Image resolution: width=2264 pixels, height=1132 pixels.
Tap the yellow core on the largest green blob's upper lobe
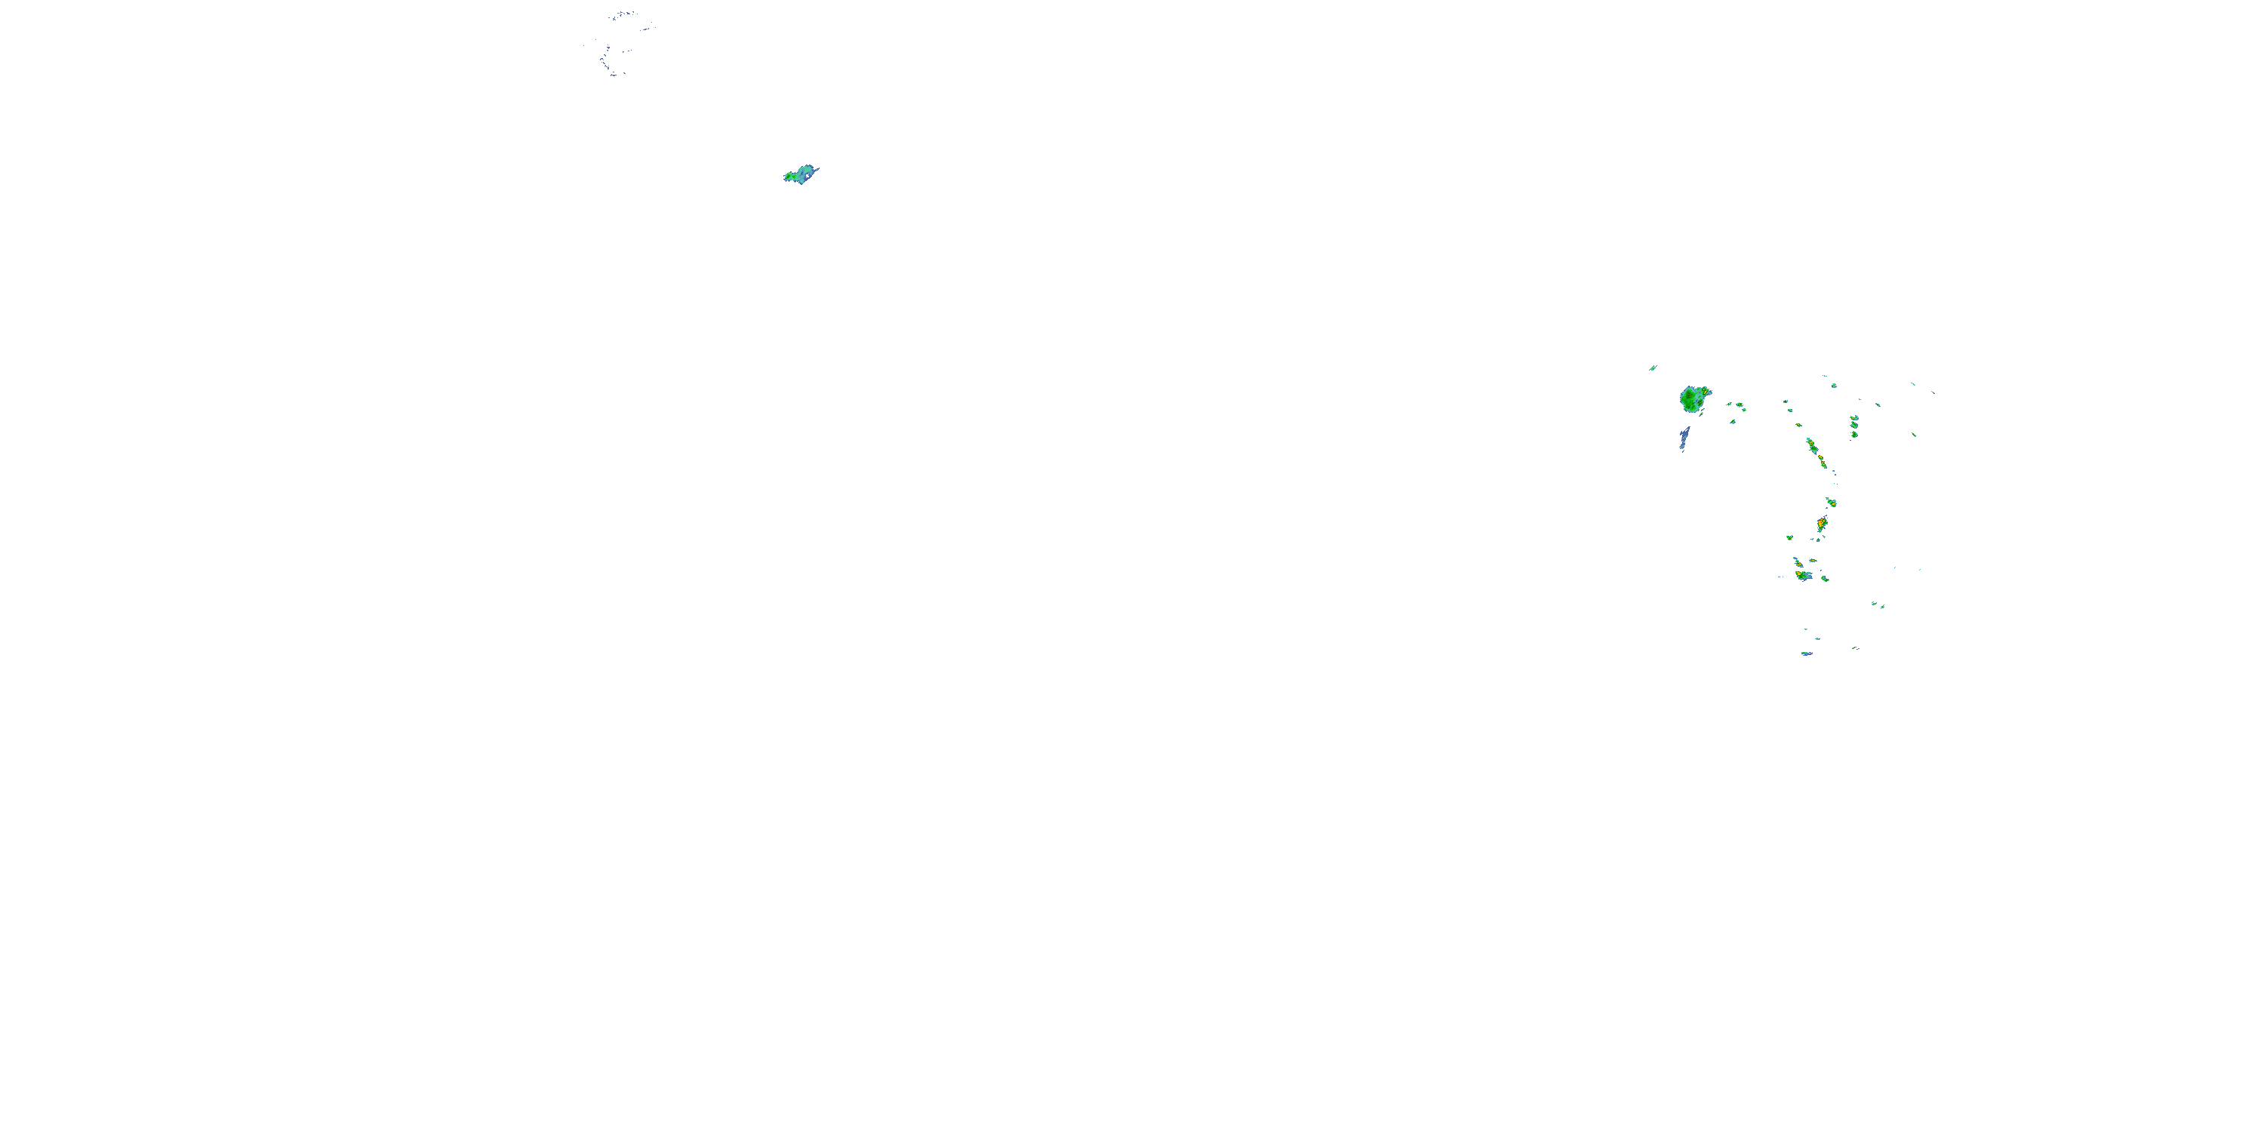click(1706, 389)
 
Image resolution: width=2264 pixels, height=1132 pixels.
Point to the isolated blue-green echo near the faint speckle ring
click(801, 174)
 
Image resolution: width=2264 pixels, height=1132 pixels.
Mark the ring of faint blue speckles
click(619, 42)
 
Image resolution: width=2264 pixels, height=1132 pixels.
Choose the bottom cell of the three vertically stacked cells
click(1853, 434)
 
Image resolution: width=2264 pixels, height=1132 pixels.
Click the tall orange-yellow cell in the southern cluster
click(1822, 524)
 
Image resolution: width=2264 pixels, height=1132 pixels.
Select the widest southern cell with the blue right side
click(1804, 576)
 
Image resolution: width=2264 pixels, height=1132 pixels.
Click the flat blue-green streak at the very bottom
click(1806, 653)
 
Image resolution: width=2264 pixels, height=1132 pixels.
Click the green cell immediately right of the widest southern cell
click(1825, 578)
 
